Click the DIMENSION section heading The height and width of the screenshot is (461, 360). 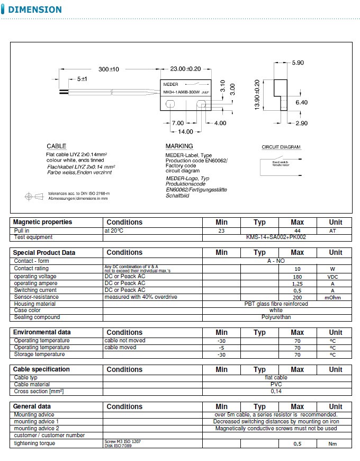click(x=35, y=10)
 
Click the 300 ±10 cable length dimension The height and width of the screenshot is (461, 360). click(x=109, y=69)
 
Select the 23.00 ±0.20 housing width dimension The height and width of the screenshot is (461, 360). click(x=185, y=69)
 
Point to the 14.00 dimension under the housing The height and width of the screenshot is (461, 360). click(x=185, y=131)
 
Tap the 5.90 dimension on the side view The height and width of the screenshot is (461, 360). click(x=298, y=63)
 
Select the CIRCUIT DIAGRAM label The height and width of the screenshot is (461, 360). click(x=281, y=147)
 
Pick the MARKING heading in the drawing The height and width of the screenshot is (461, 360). click(x=179, y=146)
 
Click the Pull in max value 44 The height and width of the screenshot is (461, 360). click(x=298, y=231)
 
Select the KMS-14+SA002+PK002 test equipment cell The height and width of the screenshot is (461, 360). click(x=276, y=237)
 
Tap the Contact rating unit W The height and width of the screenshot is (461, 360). click(x=332, y=269)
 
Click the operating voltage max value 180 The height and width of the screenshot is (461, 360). click(x=298, y=277)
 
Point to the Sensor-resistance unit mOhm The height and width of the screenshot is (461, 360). click(x=332, y=297)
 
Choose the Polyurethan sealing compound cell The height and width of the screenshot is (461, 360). click(x=276, y=317)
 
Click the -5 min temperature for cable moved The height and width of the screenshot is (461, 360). click(x=221, y=348)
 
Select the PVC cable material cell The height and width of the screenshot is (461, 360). click(x=276, y=385)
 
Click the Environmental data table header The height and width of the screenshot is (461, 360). click(x=42, y=332)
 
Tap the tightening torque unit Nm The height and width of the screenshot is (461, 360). click(x=332, y=444)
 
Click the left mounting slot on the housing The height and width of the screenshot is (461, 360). click(x=170, y=105)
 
